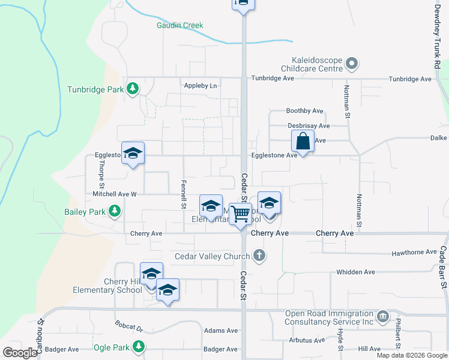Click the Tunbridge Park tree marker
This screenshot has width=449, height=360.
pos(133,89)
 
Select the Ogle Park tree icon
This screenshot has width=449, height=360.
pos(139,347)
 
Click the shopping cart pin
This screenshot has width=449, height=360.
pos(241,214)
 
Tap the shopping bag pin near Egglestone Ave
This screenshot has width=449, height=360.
pos(303,142)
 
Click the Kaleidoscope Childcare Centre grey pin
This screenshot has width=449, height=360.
pos(352,62)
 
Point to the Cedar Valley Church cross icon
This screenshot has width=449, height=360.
pos(259,256)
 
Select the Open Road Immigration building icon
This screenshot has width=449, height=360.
pos(383,316)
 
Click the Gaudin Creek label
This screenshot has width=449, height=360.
pos(180,25)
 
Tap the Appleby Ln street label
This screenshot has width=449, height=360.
pos(200,86)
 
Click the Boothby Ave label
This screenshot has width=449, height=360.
pos(305,111)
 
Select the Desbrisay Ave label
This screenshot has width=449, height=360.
pos(309,126)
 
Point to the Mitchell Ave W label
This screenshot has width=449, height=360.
pos(115,194)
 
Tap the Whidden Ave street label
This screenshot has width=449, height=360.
pos(356,272)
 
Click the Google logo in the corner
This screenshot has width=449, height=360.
pos(20,353)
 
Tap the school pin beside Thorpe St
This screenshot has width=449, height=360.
pos(133,153)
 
